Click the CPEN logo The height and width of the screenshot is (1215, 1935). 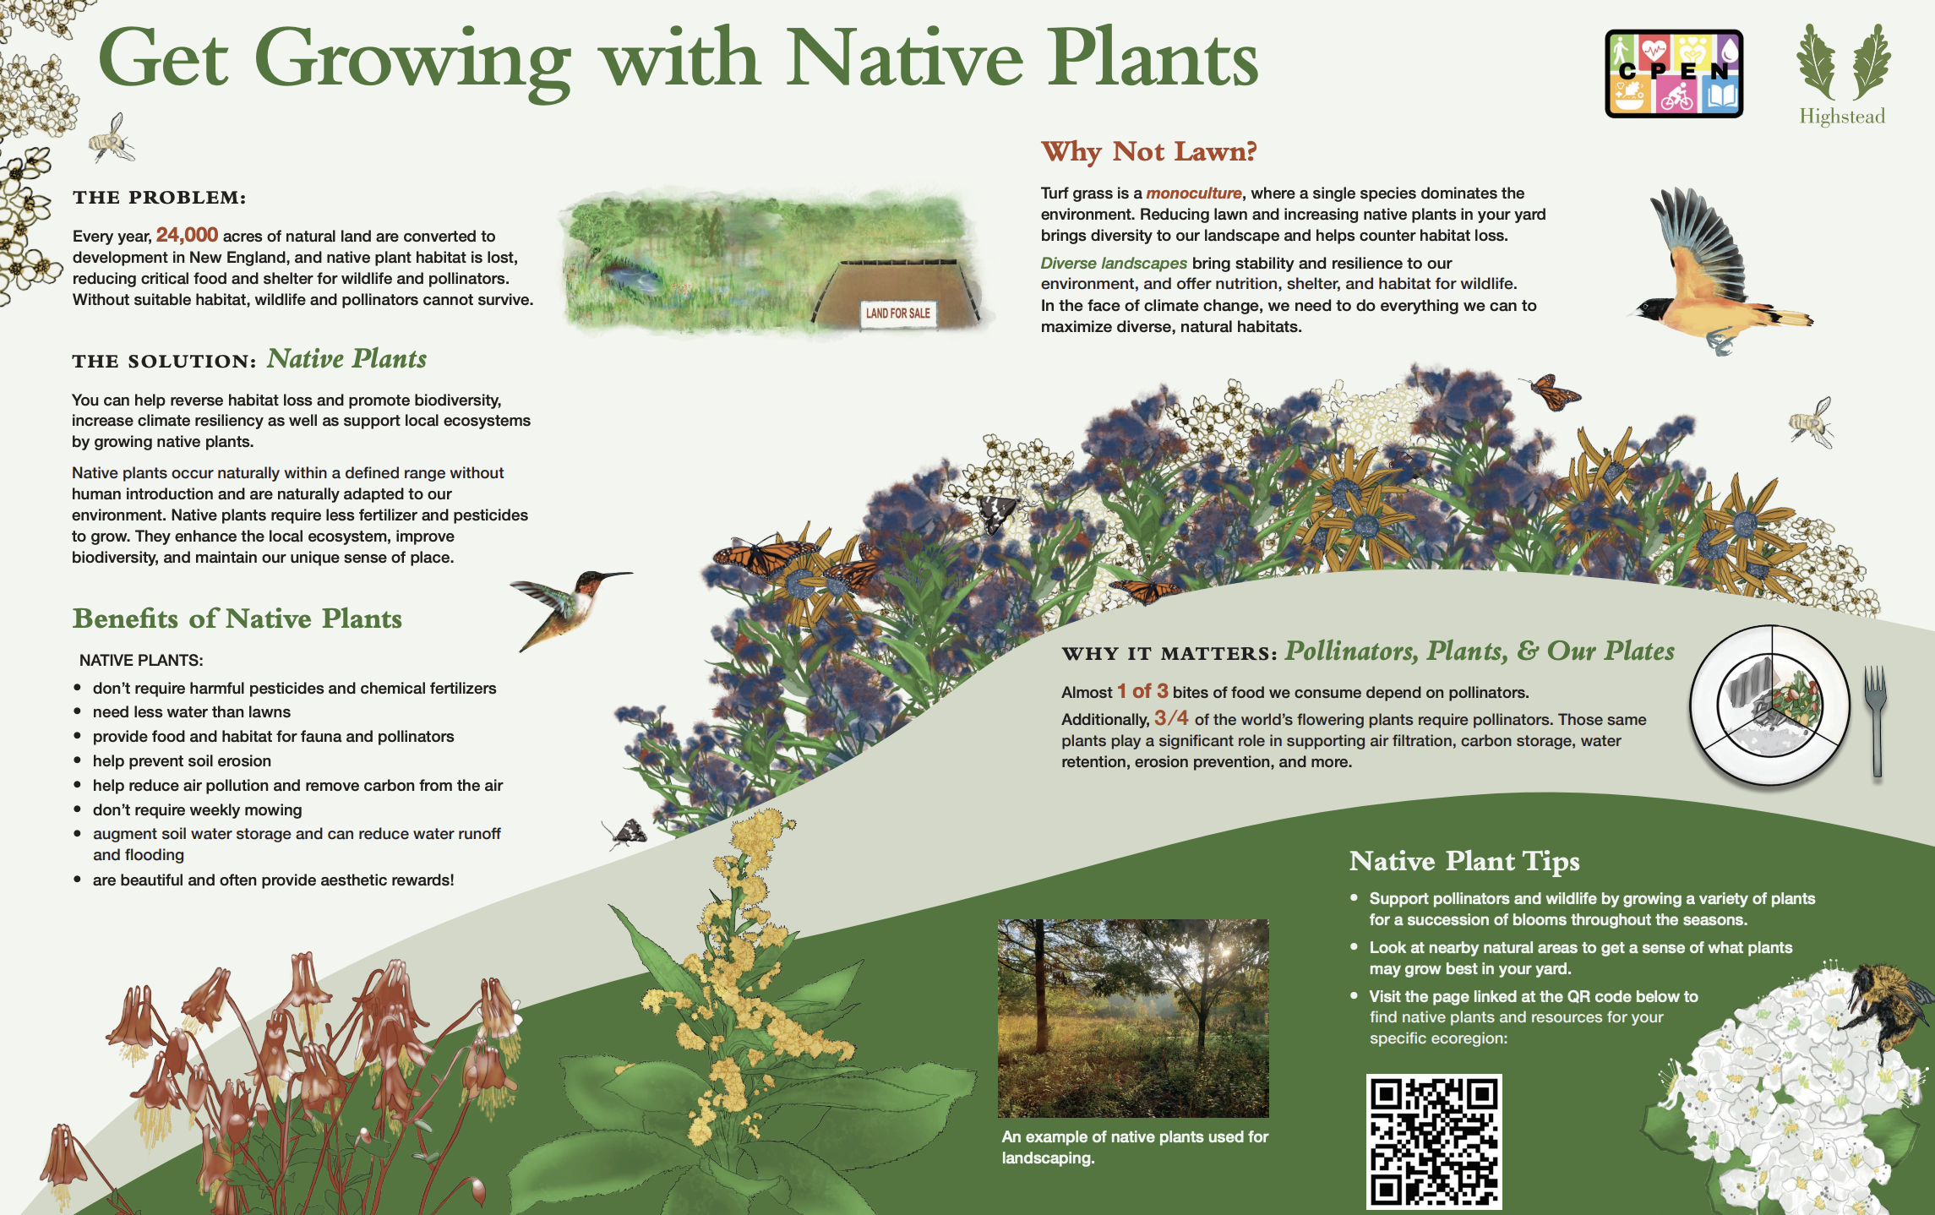[x=1674, y=74]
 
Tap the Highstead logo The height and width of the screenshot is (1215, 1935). [x=1843, y=74]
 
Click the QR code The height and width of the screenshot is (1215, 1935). [x=1434, y=1141]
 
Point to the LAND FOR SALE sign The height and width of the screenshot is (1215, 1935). [x=897, y=313]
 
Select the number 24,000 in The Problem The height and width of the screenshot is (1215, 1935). [x=187, y=235]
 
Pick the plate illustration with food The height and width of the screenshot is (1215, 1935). [x=1770, y=706]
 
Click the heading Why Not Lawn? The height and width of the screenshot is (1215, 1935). [x=1149, y=151]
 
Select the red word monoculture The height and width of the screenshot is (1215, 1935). [x=1194, y=193]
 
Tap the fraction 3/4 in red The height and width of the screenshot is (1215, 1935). [x=1171, y=718]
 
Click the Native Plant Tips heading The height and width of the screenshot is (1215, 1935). [x=1464, y=861]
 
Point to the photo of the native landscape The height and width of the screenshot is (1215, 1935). [x=1133, y=1018]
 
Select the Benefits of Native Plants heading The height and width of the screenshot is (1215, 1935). [x=237, y=618]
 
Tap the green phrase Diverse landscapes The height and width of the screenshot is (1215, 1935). [x=1114, y=264]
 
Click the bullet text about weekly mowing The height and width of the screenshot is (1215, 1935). [x=197, y=810]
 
